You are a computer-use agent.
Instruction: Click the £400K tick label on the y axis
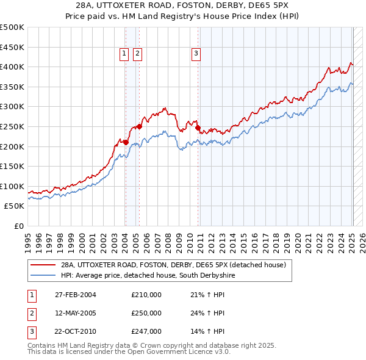pyautogui.click(x=12, y=67)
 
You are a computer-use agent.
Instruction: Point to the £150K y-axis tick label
pyautogui.click(x=12, y=166)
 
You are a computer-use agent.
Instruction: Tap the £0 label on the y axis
pyautogui.click(x=18, y=226)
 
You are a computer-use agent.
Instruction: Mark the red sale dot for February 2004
pyautogui.click(x=126, y=142)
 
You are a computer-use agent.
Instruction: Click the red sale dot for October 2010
pyautogui.click(x=198, y=128)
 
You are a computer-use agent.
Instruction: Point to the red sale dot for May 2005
pyautogui.click(x=139, y=126)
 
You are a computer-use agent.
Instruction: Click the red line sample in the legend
pyautogui.click(x=43, y=265)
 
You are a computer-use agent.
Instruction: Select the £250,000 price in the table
pyautogui.click(x=146, y=313)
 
